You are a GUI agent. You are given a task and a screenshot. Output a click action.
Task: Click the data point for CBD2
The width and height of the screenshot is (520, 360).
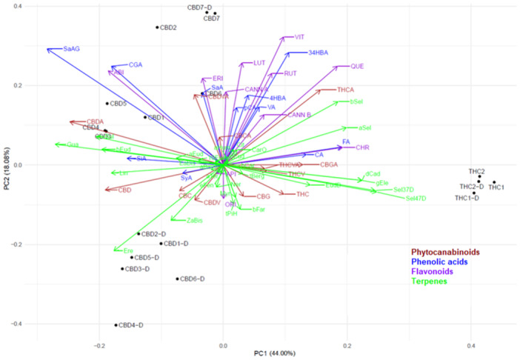tap(157, 27)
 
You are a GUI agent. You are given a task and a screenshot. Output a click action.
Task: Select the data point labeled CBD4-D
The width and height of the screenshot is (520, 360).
tap(116, 325)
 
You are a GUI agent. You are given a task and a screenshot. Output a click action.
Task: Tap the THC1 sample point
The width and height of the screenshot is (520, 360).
tap(494, 182)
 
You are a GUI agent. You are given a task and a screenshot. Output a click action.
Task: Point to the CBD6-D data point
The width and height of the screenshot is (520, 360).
tap(178, 279)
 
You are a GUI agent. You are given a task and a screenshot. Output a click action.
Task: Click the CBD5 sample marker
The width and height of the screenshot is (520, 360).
tap(107, 104)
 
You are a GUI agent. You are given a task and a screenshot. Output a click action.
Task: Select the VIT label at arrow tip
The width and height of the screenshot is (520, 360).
tap(299, 36)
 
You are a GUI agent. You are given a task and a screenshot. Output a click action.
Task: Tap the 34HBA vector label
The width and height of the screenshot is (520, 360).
tap(321, 53)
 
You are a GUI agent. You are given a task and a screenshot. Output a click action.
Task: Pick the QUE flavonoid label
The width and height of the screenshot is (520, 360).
tap(357, 66)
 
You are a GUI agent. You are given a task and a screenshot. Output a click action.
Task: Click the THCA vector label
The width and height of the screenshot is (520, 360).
tap(345, 90)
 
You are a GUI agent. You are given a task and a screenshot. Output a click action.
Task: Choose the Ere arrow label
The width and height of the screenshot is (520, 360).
tap(128, 251)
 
